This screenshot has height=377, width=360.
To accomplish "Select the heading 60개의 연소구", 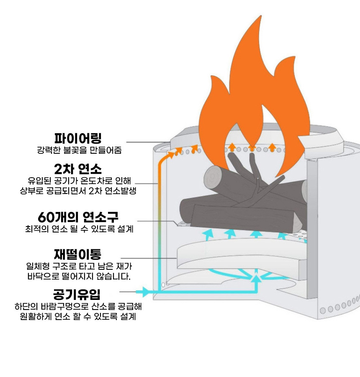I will pos(78,217).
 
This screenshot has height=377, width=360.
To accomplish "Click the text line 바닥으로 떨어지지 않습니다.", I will pos(79,276).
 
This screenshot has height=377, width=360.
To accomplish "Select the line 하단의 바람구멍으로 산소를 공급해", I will pos(78,306).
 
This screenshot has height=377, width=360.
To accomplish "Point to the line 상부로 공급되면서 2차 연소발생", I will pos(78,191).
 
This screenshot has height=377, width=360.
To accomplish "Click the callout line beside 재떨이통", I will pos(147,258).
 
